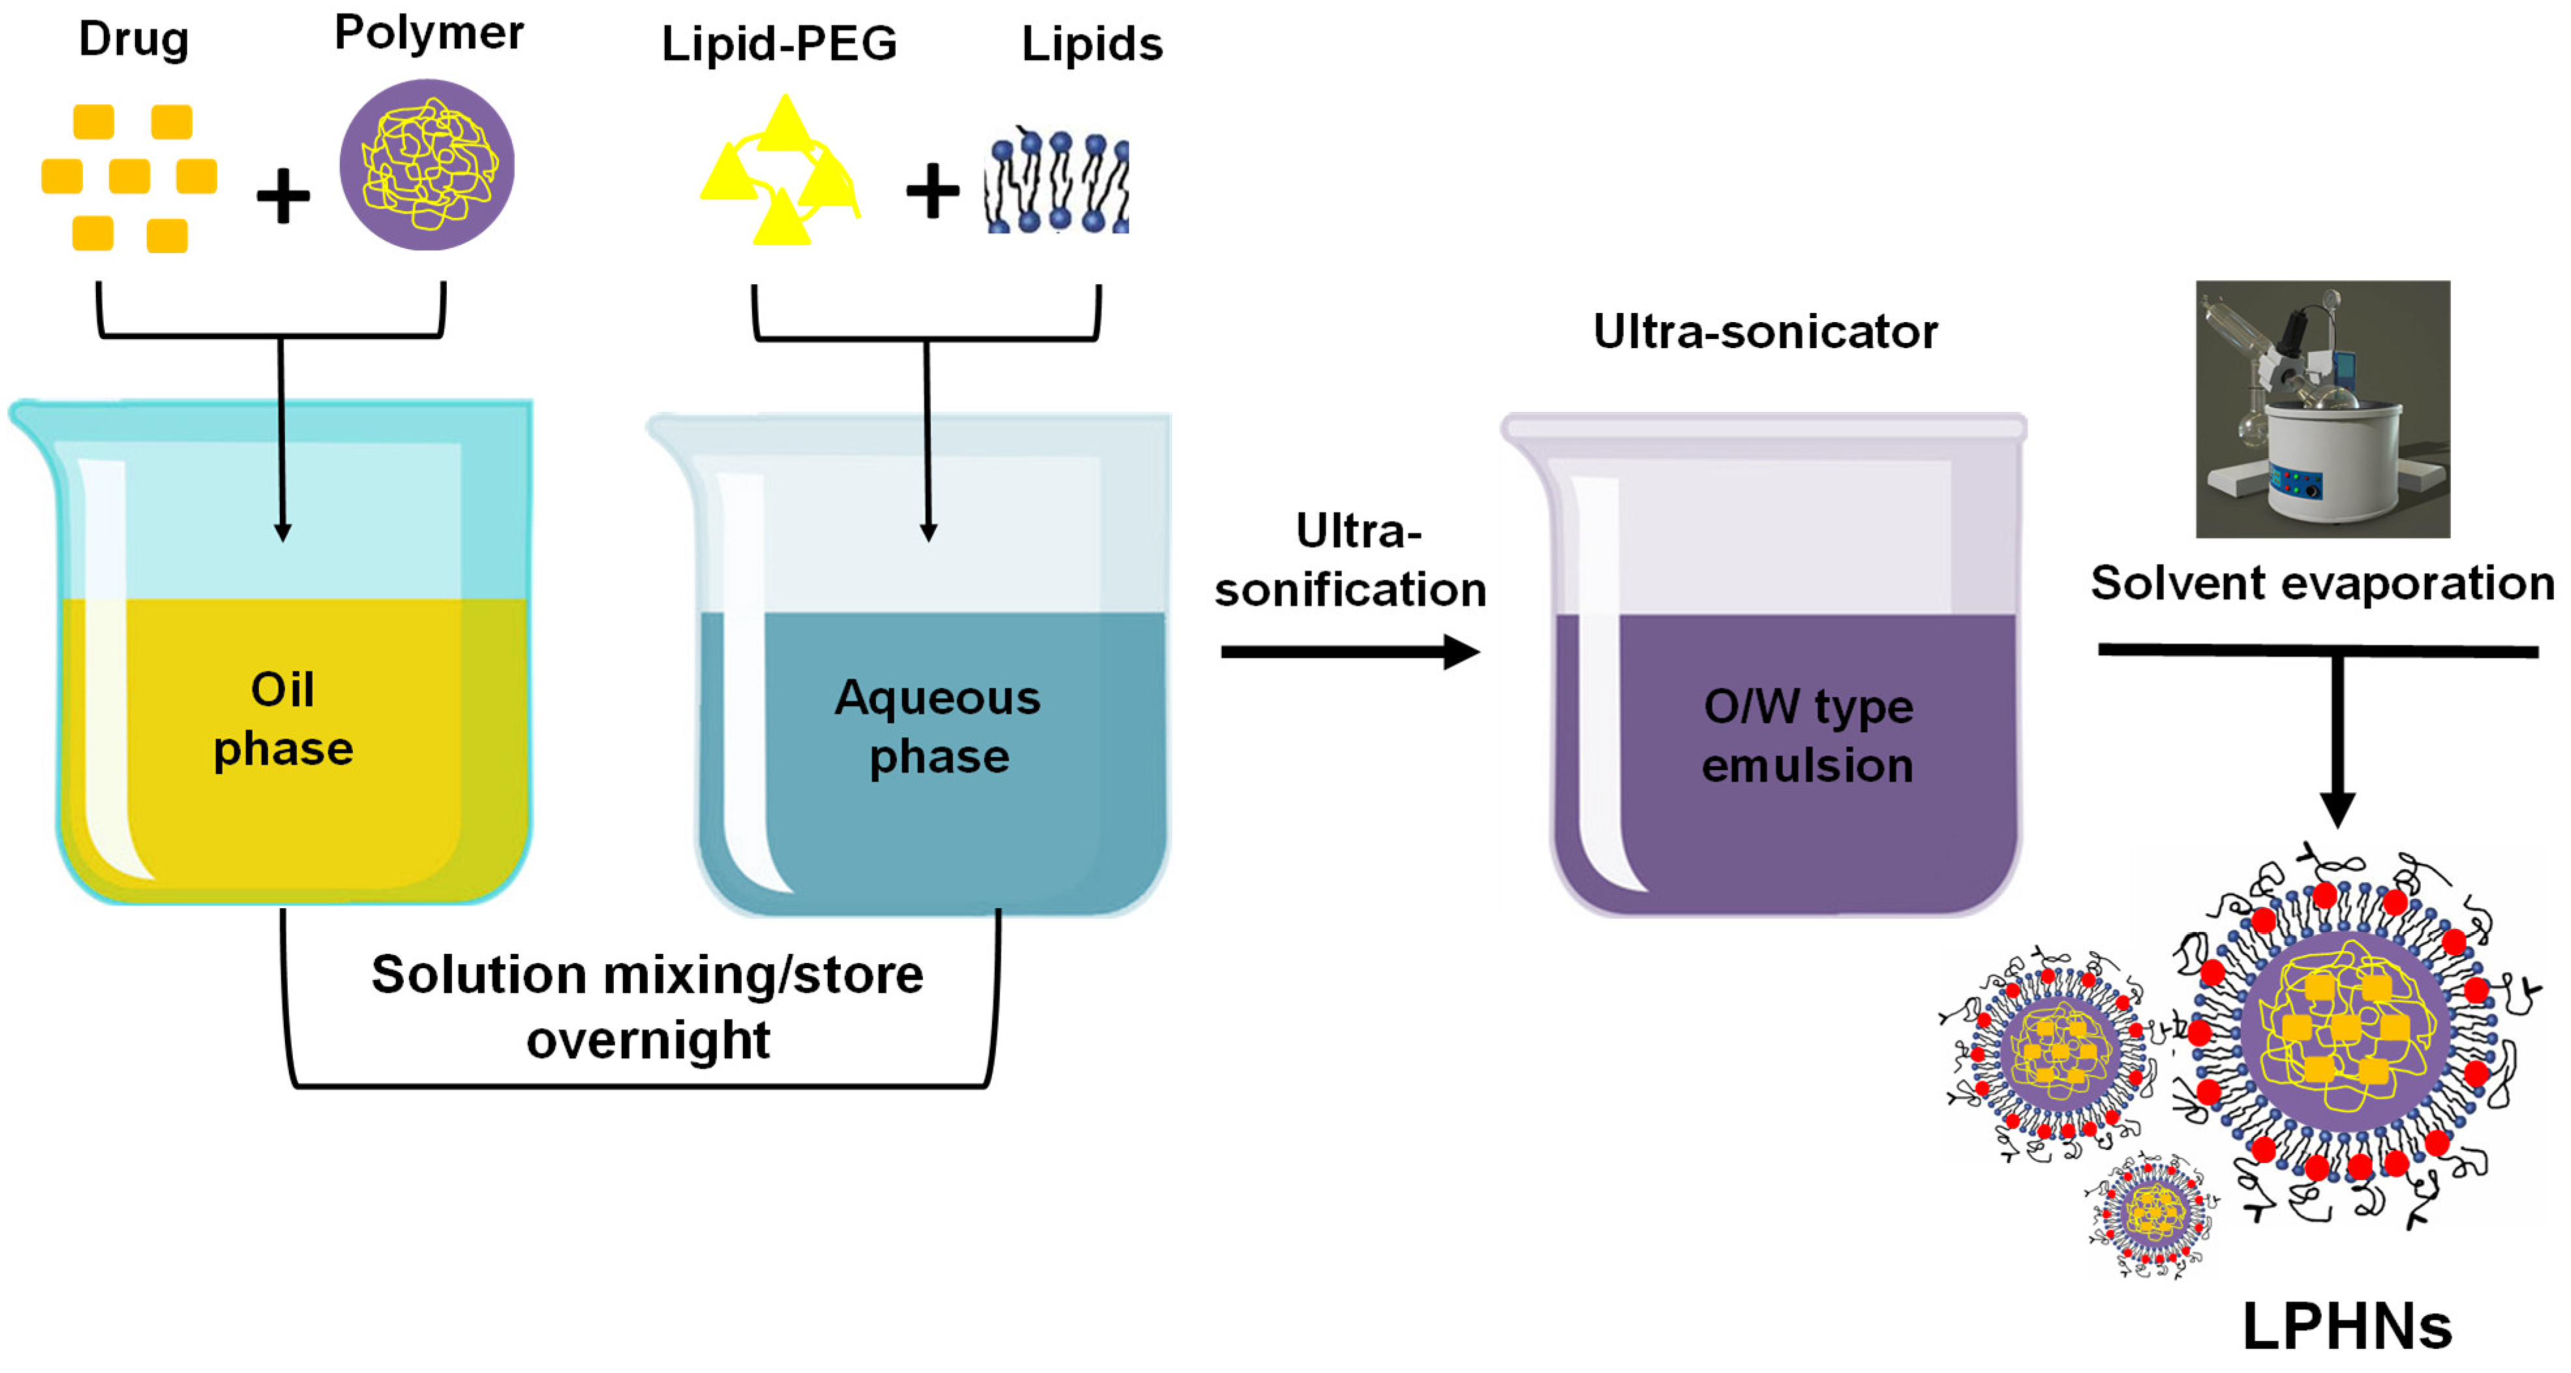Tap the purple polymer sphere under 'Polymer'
point(427,165)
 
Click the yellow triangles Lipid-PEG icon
point(781,171)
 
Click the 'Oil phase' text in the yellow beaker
point(284,718)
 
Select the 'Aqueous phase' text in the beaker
point(938,726)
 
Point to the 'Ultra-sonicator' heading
point(1765,332)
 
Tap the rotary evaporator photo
point(2323,409)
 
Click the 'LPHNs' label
point(2347,1327)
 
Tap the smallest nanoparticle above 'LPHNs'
point(2154,1215)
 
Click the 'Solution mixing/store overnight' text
point(648,1006)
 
